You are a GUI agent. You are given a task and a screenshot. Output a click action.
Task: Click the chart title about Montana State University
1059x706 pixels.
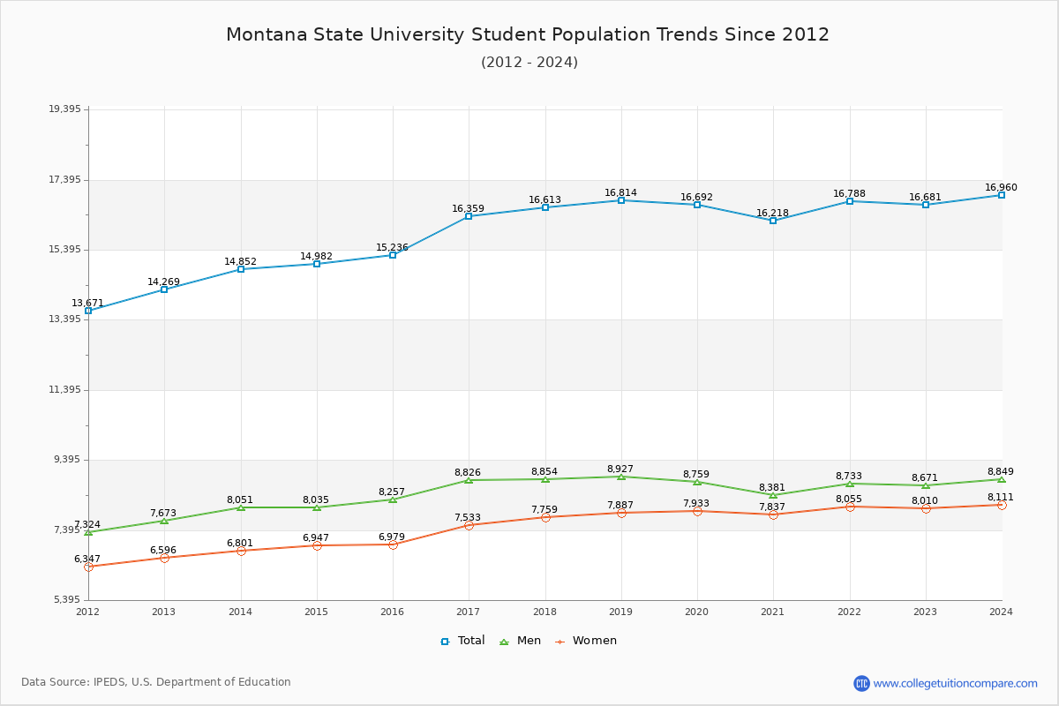pyautogui.click(x=528, y=34)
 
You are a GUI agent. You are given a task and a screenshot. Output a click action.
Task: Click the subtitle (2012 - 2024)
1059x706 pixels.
pyautogui.click(x=529, y=63)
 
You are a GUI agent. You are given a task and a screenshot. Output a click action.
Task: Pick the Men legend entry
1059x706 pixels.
pyautogui.click(x=520, y=641)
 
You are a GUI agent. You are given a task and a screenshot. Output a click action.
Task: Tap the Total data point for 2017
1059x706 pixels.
pyautogui.click(x=469, y=216)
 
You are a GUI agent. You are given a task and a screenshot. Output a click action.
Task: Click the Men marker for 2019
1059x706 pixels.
pyautogui.click(x=621, y=477)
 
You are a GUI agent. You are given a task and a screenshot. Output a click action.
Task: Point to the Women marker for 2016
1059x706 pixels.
pyautogui.click(x=393, y=545)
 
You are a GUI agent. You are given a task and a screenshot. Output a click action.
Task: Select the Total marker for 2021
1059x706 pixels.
pyautogui.click(x=773, y=221)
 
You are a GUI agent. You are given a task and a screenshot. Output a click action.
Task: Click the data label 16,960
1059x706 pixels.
pyautogui.click(x=1001, y=188)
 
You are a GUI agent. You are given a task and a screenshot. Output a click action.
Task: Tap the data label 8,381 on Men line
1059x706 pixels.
pyautogui.click(x=772, y=488)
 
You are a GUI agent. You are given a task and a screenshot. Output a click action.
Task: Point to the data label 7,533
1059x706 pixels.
pyautogui.click(x=468, y=518)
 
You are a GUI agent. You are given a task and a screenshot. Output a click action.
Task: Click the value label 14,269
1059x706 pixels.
pyautogui.click(x=163, y=282)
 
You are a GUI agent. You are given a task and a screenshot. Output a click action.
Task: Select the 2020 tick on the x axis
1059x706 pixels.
pyautogui.click(x=697, y=612)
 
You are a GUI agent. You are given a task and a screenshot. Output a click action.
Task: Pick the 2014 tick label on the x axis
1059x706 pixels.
pyautogui.click(x=240, y=612)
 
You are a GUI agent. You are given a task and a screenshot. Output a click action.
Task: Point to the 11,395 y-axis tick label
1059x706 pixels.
pyautogui.click(x=64, y=390)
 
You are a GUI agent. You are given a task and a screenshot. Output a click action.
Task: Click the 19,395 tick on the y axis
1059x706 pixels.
pyautogui.click(x=64, y=109)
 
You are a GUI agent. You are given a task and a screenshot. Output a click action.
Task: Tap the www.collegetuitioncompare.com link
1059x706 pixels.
pyautogui.click(x=955, y=683)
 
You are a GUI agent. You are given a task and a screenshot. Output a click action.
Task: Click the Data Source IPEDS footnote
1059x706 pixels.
pyautogui.click(x=156, y=682)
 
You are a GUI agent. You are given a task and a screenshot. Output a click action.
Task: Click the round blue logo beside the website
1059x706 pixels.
pyautogui.click(x=861, y=683)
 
